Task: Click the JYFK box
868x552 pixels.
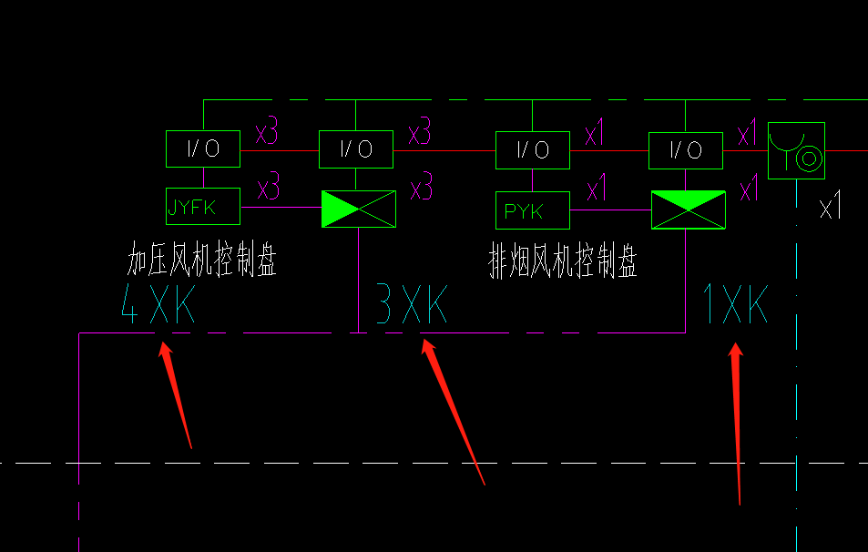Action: point(203,207)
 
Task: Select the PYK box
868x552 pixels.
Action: point(532,210)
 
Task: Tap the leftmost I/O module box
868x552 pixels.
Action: point(203,149)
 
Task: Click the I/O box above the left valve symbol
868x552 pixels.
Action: point(356,149)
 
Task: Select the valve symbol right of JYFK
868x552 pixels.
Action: point(358,209)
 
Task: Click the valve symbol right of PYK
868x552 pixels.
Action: point(688,210)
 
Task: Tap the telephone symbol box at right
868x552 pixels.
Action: point(796,150)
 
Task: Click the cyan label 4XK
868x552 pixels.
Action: point(158,306)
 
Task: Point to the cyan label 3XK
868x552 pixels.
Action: point(412,306)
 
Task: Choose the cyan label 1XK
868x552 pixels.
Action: point(735,304)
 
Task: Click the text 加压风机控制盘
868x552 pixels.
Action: point(201,262)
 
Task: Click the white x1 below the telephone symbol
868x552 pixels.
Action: point(830,209)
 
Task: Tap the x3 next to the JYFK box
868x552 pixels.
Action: point(268,189)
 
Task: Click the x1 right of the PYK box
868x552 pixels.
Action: point(597,191)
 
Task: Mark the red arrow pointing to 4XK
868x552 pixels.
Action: point(177,394)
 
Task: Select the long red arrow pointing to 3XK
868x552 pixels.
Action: point(452,410)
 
